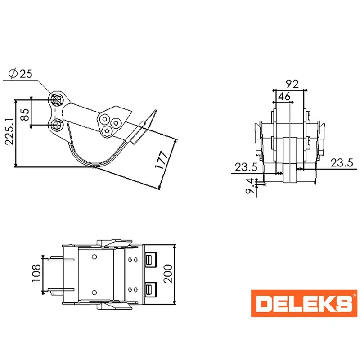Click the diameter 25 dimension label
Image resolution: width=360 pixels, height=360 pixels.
point(21,74)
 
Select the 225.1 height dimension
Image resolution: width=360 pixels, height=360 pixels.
point(9,131)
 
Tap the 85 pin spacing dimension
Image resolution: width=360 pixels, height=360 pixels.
point(25,115)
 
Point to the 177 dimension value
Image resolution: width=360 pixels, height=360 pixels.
point(162,160)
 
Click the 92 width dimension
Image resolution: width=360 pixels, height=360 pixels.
point(292,84)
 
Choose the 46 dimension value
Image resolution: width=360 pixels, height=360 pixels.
point(284,96)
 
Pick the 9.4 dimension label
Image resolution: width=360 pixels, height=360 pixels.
point(250,186)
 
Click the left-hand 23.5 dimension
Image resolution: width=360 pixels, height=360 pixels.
point(246,167)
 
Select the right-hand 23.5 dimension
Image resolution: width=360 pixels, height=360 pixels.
point(342,163)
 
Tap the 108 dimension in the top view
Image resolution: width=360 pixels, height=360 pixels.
point(36,273)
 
